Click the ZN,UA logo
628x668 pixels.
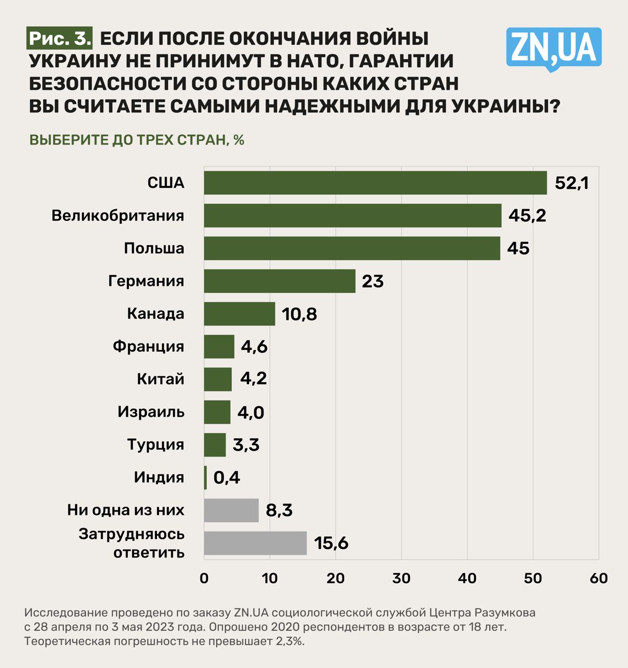tap(553, 47)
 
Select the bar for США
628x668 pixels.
tap(375, 183)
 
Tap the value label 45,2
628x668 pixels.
tap(527, 216)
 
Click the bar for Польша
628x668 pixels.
tap(352, 248)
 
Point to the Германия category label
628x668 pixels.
tap(146, 281)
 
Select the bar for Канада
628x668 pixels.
tap(239, 314)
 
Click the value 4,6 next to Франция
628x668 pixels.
tap(254, 347)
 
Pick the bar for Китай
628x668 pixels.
tap(218, 379)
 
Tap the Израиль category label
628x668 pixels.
tap(151, 412)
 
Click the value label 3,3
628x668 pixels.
tap(246, 445)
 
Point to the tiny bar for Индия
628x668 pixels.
tap(205, 478)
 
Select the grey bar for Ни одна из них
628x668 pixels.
tap(231, 510)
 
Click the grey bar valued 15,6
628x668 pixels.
tap(255, 543)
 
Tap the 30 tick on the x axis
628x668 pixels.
tap(401, 578)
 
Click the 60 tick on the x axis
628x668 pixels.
tap(599, 578)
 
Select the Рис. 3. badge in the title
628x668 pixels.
tap(60, 38)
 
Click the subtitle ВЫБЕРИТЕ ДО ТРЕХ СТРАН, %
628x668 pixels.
tap(137, 140)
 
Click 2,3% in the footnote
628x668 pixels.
tap(290, 641)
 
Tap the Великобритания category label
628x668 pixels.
tap(117, 216)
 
